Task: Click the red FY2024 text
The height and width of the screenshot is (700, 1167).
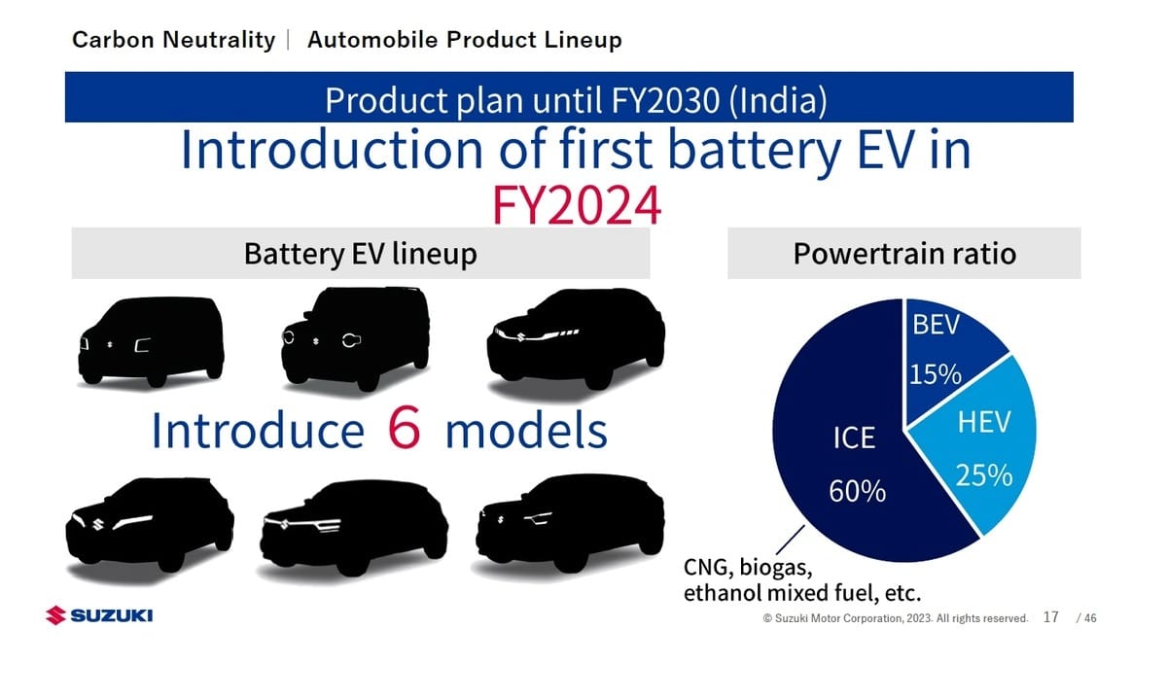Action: click(577, 205)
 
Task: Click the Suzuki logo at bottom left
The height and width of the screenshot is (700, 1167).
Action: click(99, 615)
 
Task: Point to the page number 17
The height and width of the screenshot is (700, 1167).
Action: click(1051, 617)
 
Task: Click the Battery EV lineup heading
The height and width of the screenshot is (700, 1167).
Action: click(361, 254)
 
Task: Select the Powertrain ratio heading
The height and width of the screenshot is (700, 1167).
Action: click(904, 254)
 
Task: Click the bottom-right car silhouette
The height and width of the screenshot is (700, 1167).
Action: click(570, 522)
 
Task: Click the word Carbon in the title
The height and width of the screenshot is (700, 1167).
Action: click(113, 40)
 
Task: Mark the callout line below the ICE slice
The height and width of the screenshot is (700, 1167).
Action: click(790, 540)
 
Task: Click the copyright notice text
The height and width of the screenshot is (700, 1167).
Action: click(895, 618)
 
